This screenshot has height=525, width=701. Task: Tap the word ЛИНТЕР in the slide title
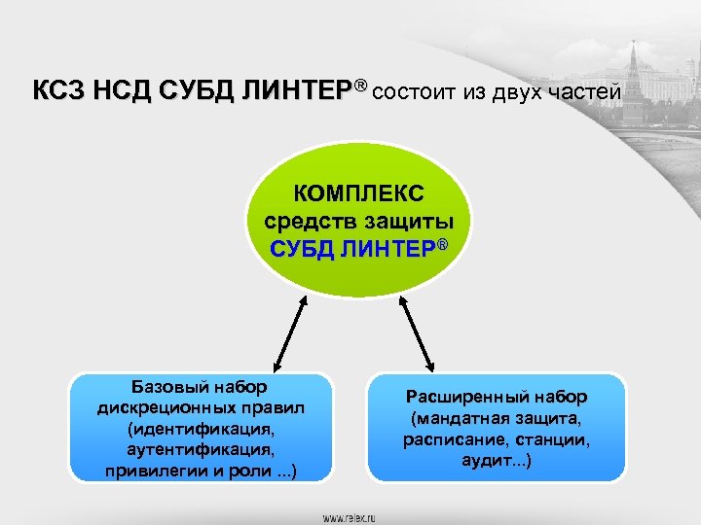tap(296, 92)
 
